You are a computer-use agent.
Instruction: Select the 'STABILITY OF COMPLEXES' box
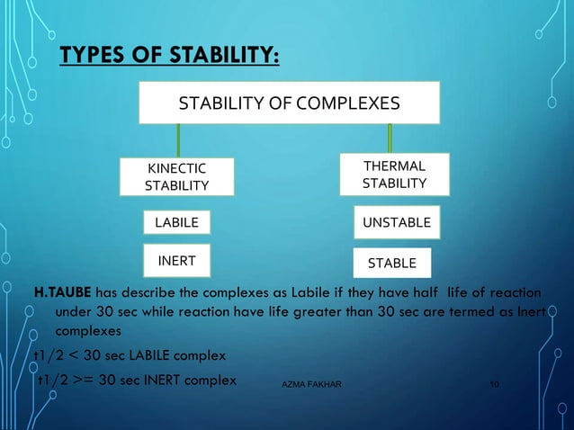click(x=289, y=103)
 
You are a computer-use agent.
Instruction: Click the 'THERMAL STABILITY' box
click(x=393, y=175)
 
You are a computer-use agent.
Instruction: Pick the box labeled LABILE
click(x=176, y=222)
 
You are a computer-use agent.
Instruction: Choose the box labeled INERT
click(x=176, y=261)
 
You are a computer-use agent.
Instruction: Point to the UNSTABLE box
click(x=396, y=221)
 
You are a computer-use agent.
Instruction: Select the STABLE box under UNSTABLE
click(x=391, y=263)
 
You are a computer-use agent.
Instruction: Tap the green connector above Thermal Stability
click(x=389, y=139)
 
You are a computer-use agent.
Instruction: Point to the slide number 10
click(x=494, y=385)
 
